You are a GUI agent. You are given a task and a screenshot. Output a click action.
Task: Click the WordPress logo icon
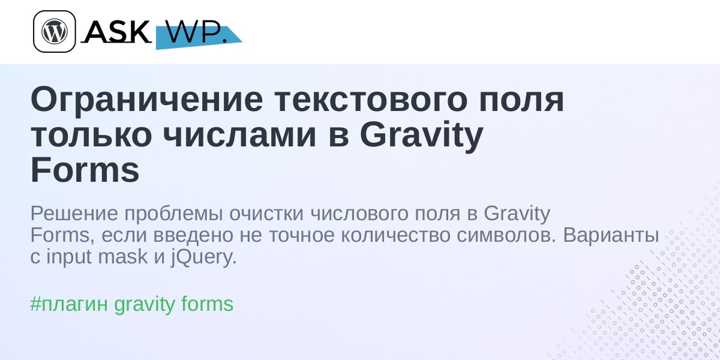[x=55, y=31]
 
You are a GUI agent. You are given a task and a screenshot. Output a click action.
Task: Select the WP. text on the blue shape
[x=197, y=32]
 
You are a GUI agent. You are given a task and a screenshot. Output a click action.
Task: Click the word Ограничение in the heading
[x=147, y=100]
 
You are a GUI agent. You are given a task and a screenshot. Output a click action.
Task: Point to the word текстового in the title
[x=371, y=100]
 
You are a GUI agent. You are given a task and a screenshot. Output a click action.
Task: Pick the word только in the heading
[x=91, y=136]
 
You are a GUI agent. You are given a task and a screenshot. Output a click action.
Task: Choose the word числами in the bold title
[x=239, y=136]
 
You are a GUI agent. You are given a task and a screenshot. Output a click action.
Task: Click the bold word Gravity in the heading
[x=421, y=136]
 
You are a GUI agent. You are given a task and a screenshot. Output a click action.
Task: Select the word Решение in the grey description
[x=74, y=213]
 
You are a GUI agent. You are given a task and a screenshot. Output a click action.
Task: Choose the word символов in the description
[x=506, y=236]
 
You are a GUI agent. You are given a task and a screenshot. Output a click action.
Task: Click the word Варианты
[x=611, y=236]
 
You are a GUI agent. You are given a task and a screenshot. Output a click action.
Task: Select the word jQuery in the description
[x=204, y=257]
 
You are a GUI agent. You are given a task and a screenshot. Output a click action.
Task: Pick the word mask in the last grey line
[x=123, y=257]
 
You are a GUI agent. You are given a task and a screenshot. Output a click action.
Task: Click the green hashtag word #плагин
[x=69, y=304]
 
